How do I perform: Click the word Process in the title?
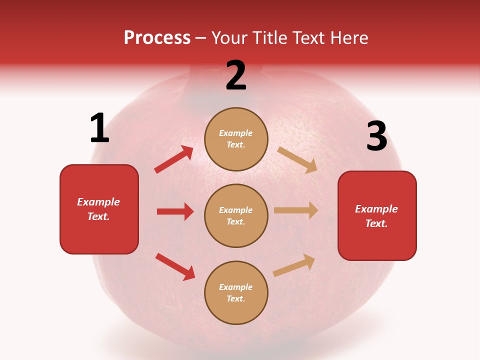pos(157,38)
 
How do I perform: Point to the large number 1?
pos(99,128)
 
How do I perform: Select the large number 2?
pos(236,75)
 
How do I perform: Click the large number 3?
pos(376,136)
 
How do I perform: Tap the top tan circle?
pos(236,139)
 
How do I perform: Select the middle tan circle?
pos(236,215)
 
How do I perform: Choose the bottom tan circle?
pos(236,292)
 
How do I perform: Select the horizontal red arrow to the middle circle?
pos(175,211)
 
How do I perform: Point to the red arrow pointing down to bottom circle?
pos(175,266)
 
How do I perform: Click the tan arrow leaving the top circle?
pos(297,160)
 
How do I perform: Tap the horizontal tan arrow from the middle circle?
pos(296,210)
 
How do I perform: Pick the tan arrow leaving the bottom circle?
pos(294,265)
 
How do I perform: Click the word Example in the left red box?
pos(98,202)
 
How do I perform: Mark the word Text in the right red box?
pos(376,223)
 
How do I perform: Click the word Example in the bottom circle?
pos(236,287)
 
